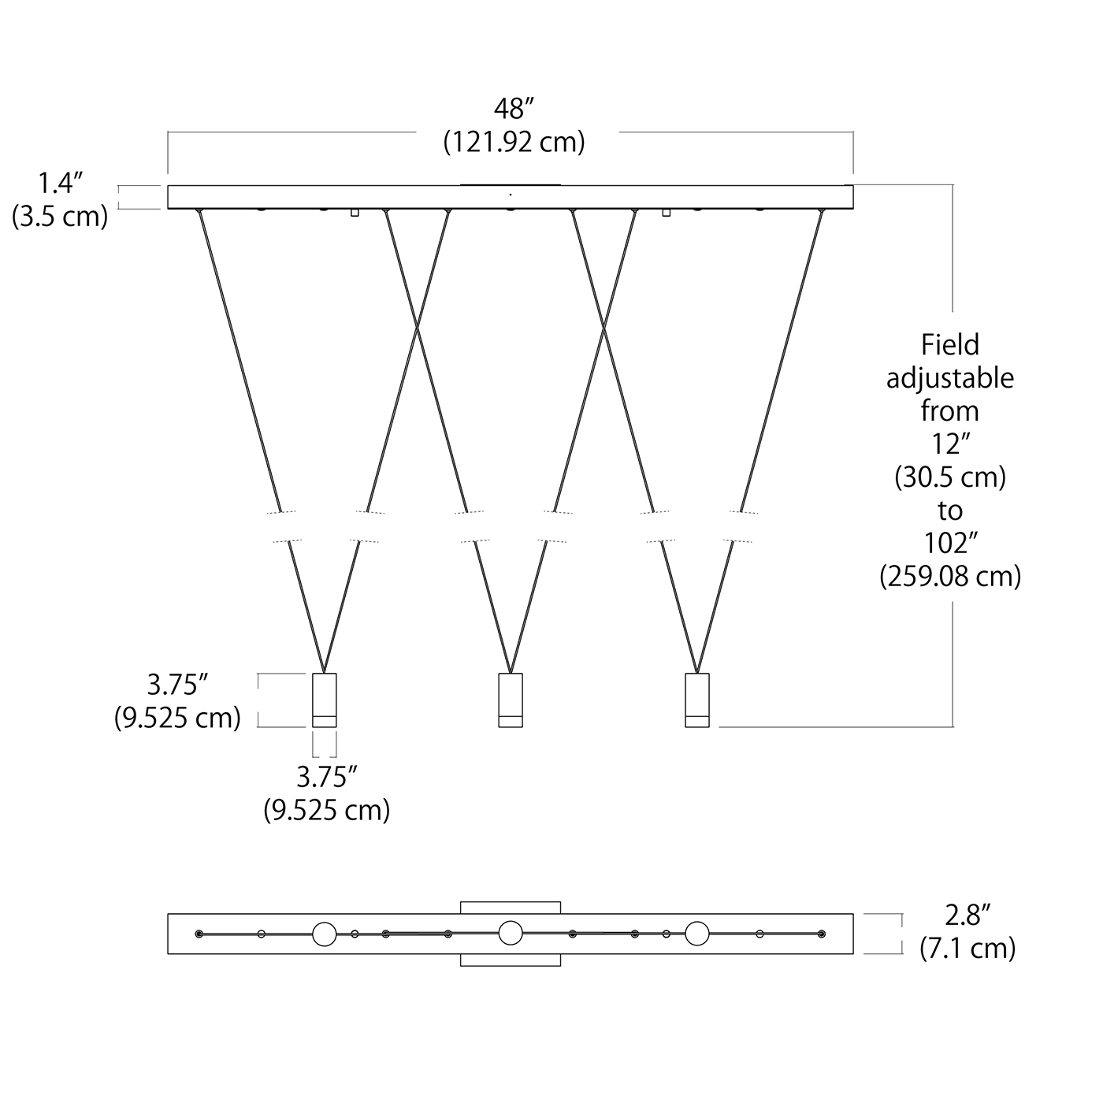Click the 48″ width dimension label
tap(514, 109)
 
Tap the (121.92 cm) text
tap(514, 142)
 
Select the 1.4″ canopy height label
tap(60, 183)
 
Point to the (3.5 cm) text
tap(60, 217)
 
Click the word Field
tap(950, 344)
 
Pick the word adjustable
tap(950, 378)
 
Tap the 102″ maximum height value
tap(950, 543)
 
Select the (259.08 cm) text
tap(950, 576)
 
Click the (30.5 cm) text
tap(950, 477)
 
